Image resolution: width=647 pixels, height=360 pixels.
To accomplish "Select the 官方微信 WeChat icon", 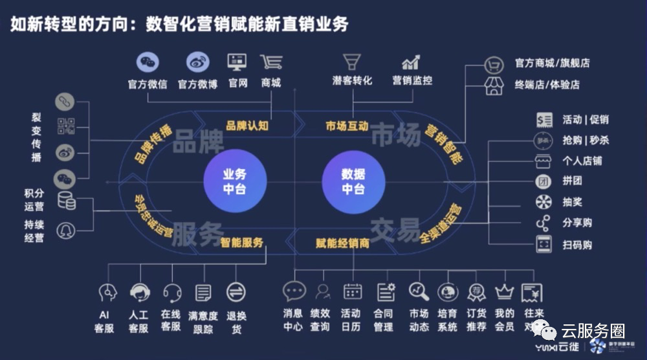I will [148, 62].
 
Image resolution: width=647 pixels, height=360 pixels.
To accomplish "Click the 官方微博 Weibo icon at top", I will [198, 62].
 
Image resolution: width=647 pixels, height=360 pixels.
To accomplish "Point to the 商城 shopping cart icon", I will [270, 62].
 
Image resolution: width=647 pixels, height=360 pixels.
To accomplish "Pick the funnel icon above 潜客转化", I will [352, 62].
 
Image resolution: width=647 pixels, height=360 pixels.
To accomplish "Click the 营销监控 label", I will [411, 81].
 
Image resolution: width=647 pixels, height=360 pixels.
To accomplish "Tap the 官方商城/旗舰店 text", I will [552, 63].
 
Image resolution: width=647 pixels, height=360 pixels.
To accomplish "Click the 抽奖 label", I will [573, 202].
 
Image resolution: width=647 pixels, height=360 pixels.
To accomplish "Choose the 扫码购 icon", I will [543, 244].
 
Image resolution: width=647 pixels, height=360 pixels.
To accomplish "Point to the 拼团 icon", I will [543, 181].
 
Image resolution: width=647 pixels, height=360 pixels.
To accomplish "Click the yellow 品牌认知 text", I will [247, 126].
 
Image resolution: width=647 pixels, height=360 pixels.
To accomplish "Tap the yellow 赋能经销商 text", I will [343, 243].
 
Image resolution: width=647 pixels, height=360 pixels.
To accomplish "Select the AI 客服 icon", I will [107, 293].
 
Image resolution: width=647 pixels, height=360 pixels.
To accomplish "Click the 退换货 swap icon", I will [236, 292].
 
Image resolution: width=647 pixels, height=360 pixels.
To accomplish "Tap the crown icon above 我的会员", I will [504, 292].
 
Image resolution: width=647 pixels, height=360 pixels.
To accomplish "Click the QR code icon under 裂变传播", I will [65, 126].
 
